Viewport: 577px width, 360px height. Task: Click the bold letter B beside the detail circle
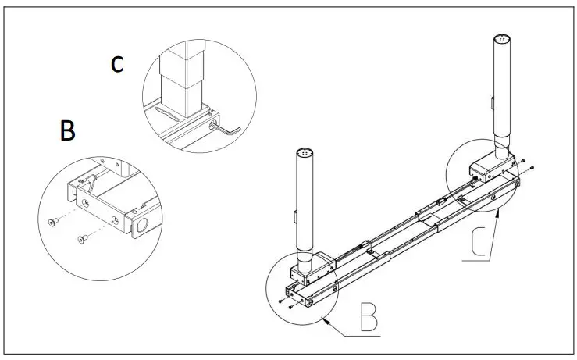click(x=68, y=130)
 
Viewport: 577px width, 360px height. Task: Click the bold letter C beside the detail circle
click(x=116, y=63)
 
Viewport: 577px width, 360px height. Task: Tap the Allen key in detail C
click(x=226, y=127)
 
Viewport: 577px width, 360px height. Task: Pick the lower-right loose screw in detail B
click(x=80, y=237)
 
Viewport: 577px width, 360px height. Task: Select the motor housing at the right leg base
click(x=488, y=165)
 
